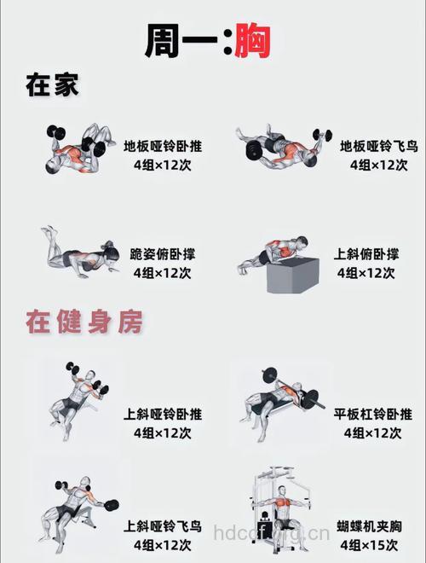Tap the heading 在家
tap(52, 86)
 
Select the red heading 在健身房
tap(83, 322)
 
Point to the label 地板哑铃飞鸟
tap(378, 146)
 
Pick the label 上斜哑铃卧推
tap(163, 414)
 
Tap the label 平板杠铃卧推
tap(371, 414)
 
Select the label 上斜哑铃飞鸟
tap(163, 525)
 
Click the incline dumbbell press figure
tap(78, 397)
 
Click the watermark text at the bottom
tap(270, 537)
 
